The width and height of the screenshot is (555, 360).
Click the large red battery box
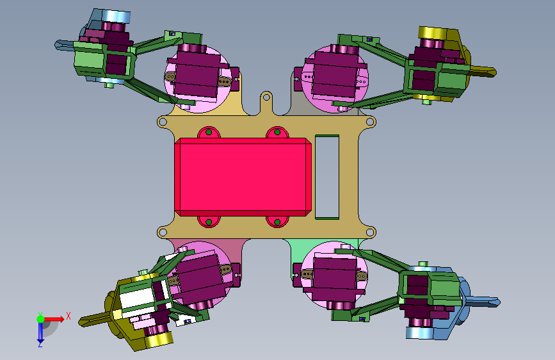pos(243,177)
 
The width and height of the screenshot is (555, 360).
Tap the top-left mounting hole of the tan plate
pos(163,122)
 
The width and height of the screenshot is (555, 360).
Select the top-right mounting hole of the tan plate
pos(369,122)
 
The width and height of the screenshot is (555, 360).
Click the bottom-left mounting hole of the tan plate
pos(163,233)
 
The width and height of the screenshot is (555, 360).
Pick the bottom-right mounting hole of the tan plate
pos(369,233)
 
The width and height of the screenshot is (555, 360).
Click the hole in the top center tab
pos(266,97)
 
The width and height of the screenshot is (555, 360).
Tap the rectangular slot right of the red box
pos(327,177)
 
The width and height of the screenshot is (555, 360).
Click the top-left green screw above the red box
pos(209,132)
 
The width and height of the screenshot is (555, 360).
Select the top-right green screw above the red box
pos(277,132)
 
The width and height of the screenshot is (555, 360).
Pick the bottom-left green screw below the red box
pos(209,222)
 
